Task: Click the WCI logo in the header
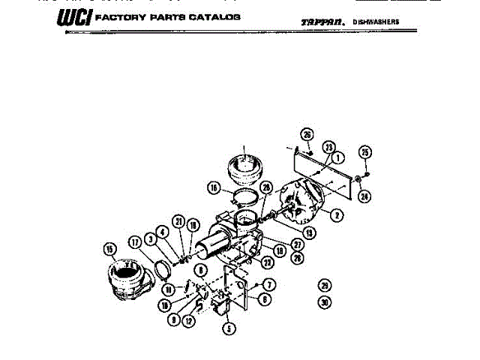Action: coord(76,16)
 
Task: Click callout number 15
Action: coord(111,249)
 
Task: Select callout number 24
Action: coord(364,197)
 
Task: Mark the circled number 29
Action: coord(324,285)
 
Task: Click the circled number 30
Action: coord(324,302)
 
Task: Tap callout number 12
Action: coord(190,320)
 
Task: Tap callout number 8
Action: coord(201,268)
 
